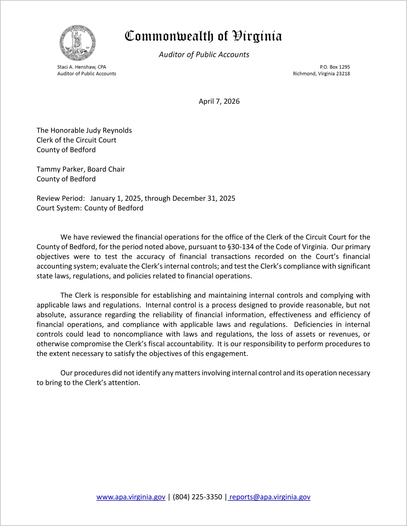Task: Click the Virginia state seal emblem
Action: point(78,43)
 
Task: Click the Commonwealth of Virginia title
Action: point(203,36)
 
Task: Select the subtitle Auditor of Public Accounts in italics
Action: point(204,55)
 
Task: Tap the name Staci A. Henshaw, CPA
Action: point(81,67)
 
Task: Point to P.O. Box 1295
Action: point(335,67)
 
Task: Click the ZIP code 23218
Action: point(343,74)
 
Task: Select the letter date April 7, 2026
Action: point(219,102)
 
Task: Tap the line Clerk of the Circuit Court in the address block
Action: point(76,140)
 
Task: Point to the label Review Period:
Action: point(61,199)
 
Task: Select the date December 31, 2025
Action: point(204,199)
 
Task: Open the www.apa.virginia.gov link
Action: point(131,497)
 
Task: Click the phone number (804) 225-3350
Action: point(197,497)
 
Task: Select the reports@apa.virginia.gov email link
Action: point(270,497)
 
